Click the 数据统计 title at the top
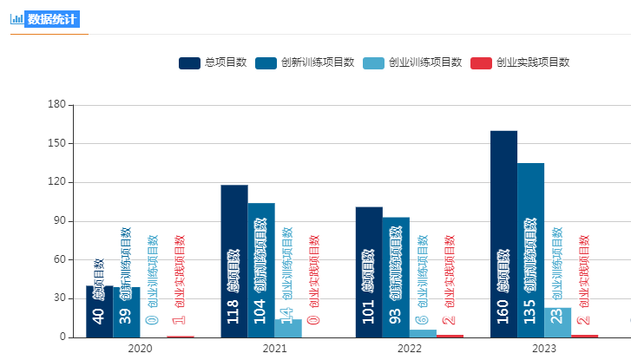52,19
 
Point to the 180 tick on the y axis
57,105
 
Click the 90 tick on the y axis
60,221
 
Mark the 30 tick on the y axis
60,298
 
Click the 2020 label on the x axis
140,349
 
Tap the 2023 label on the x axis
544,349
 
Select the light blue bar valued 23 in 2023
557,323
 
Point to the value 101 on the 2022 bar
369,311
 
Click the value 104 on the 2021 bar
261,311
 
